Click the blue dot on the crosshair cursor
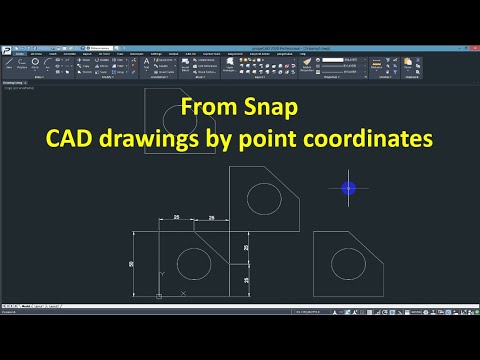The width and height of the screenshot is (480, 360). (348, 187)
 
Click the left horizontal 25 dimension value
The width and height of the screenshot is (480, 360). (176, 217)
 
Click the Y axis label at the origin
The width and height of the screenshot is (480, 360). (161, 273)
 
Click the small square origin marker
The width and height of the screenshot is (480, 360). (160, 296)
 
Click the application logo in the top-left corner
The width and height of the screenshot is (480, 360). (6, 50)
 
